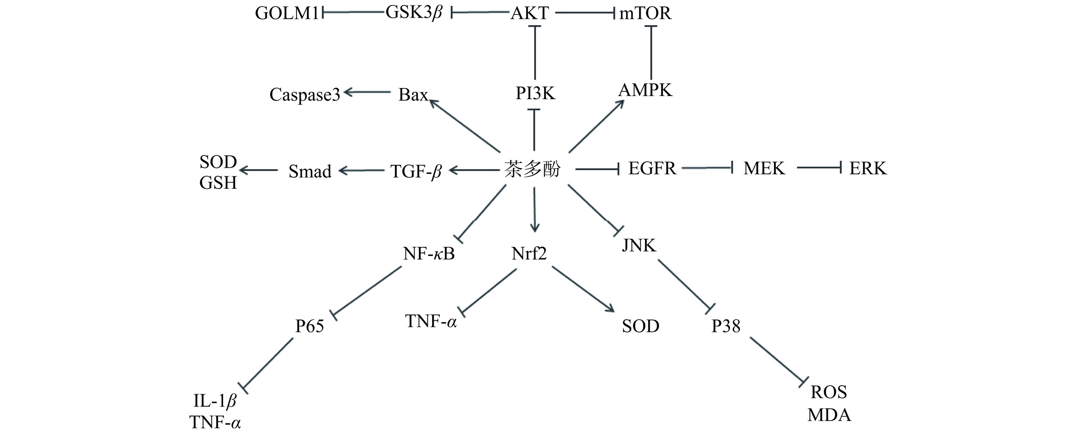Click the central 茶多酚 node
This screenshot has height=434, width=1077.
532,170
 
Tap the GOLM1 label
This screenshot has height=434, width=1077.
287,13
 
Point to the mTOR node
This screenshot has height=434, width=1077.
645,13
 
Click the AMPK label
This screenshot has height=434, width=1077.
645,90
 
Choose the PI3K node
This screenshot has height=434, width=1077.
535,93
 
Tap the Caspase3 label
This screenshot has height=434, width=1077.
305,94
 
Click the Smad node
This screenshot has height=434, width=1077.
310,171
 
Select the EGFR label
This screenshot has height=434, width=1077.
652,168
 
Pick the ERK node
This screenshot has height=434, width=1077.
868,168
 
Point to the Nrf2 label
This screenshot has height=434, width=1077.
529,254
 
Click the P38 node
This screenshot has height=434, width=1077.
726,326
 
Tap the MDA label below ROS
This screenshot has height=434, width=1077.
829,415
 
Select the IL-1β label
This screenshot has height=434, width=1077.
215,401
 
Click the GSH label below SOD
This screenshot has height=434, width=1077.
218,183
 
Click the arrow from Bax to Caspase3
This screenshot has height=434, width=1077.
368,92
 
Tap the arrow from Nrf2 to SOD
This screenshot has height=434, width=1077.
583,289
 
